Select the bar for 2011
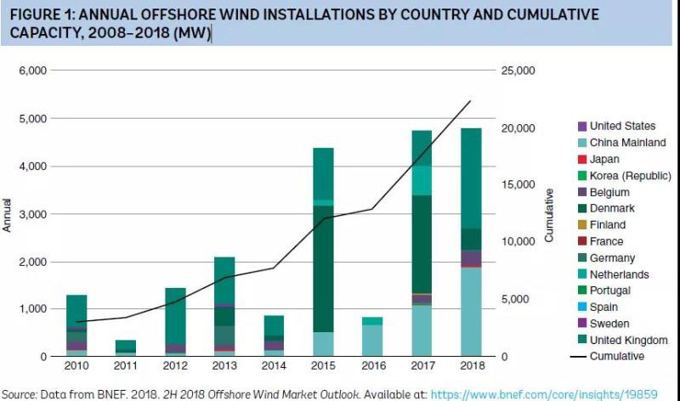click(126, 347)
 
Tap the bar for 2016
click(372, 336)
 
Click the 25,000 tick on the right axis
click(517, 71)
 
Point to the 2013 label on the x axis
click(224, 366)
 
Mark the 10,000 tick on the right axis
click(517, 242)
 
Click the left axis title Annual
click(8, 214)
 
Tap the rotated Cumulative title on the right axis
click(549, 214)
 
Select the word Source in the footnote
click(18, 394)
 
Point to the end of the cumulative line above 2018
click(471, 101)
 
